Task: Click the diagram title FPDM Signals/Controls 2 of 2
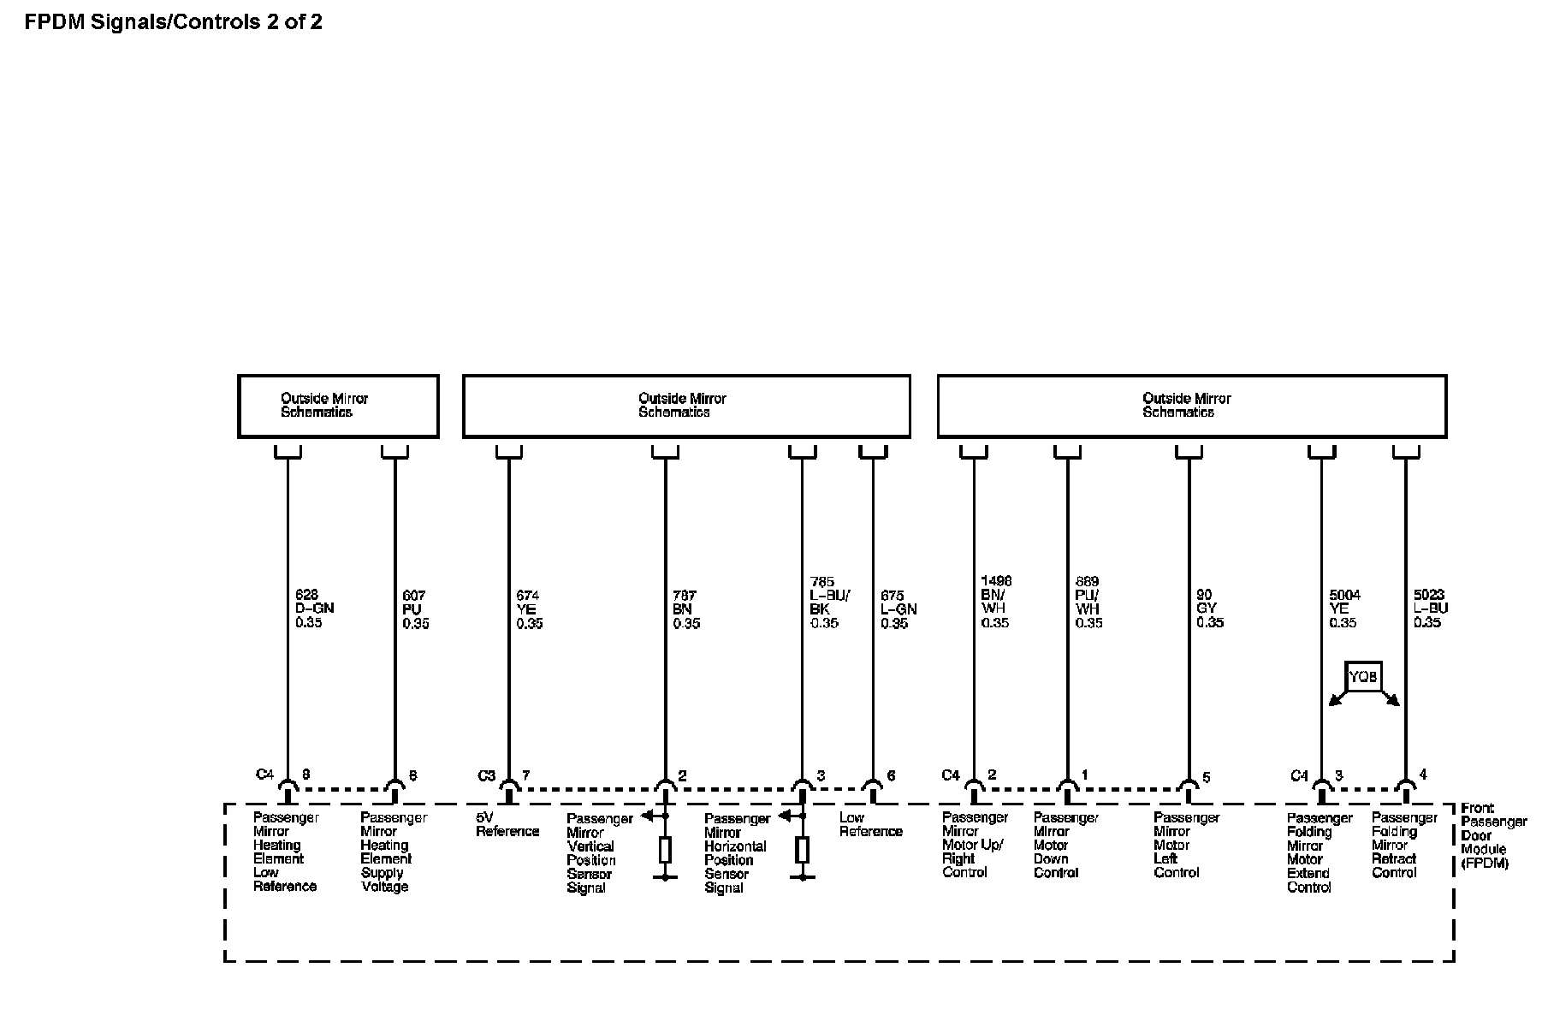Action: pyautogui.click(x=173, y=22)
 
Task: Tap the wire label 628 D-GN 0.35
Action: pyautogui.click(x=313, y=608)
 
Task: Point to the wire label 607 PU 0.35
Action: pyautogui.click(x=415, y=608)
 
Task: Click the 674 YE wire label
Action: pyautogui.click(x=529, y=608)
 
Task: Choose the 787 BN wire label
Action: pyautogui.click(x=685, y=608)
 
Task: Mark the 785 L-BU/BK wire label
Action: pyautogui.click(x=829, y=602)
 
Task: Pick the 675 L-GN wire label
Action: pyautogui.click(x=898, y=608)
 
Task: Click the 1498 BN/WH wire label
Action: pyautogui.click(x=995, y=602)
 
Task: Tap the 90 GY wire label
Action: pyautogui.click(x=1209, y=608)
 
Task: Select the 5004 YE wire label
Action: pyautogui.click(x=1343, y=608)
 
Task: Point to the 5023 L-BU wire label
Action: pyautogui.click(x=1430, y=608)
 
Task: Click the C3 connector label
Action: pyautogui.click(x=486, y=775)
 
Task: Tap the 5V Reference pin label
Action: pyautogui.click(x=507, y=824)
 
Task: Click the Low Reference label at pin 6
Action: pyautogui.click(x=870, y=824)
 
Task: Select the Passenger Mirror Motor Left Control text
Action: pyautogui.click(x=1185, y=845)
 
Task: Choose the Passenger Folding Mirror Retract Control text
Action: pyautogui.click(x=1403, y=845)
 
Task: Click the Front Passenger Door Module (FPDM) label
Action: pyautogui.click(x=1492, y=835)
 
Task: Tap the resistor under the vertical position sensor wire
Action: pyautogui.click(x=665, y=850)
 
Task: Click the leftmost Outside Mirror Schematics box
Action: pyautogui.click(x=338, y=406)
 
